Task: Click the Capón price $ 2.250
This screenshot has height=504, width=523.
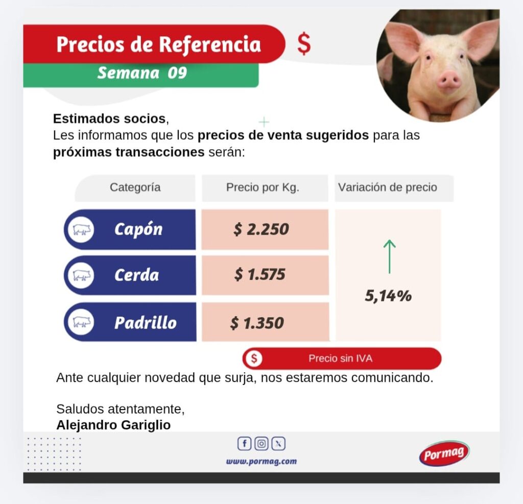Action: pos(261,229)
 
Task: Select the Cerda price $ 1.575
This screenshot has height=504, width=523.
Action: pos(259,275)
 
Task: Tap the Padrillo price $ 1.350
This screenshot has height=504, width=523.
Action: pos(257,323)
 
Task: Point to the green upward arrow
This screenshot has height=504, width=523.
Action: pos(390,256)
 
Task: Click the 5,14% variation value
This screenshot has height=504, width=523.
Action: pos(388,296)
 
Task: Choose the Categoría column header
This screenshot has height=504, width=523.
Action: pos(135,187)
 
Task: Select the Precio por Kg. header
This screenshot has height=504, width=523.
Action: pos(263,187)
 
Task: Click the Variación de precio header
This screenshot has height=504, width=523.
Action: pos(388,187)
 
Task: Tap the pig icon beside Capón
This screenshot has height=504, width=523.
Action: pos(81,229)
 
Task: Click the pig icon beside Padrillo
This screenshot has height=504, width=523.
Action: pos(81,323)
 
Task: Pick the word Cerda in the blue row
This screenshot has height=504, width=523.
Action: pos(136,275)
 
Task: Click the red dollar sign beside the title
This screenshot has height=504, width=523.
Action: pos(304,44)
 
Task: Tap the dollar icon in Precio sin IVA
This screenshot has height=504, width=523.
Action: pos(254,358)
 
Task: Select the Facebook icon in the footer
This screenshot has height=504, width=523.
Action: pos(245,444)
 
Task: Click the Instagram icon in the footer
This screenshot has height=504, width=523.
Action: pos(261,444)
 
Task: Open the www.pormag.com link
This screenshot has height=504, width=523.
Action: pos(261,461)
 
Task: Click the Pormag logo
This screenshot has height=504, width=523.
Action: pos(444,453)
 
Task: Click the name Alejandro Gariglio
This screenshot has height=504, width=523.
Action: pos(113,425)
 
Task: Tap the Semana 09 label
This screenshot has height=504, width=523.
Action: pos(142,73)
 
